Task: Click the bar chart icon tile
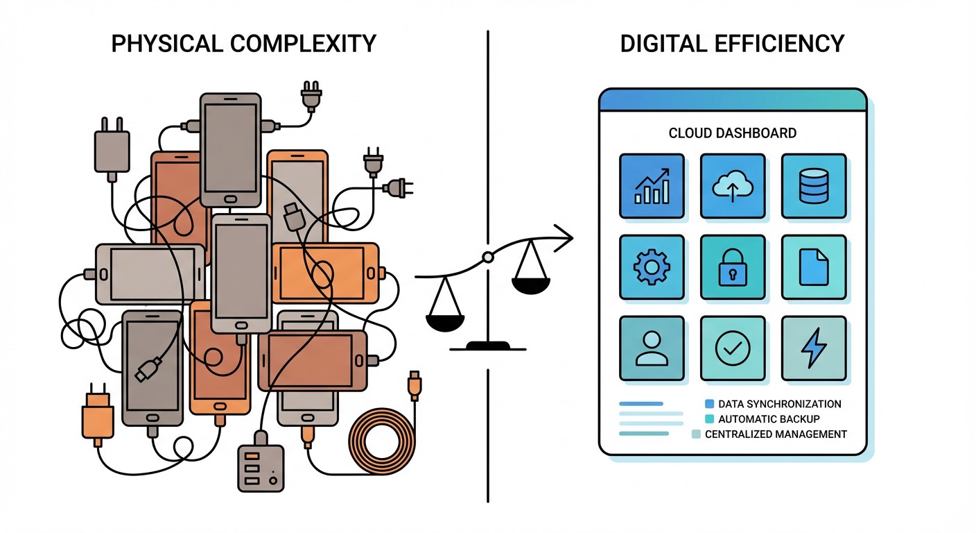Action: pos(652,185)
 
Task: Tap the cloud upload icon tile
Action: pos(733,185)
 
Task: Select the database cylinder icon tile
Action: pos(814,185)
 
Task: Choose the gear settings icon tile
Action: pos(652,267)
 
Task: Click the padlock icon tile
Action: pos(733,267)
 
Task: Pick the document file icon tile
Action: pos(814,267)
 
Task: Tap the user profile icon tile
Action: pos(652,348)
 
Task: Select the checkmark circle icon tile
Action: pos(733,348)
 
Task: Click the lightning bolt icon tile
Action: pos(814,348)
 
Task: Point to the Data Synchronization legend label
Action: pos(779,404)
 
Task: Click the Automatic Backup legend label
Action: pos(769,419)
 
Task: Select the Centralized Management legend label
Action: pos(776,434)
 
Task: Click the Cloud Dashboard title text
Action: pos(732,133)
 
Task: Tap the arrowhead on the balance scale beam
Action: pos(567,239)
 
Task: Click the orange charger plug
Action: pos(98,418)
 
